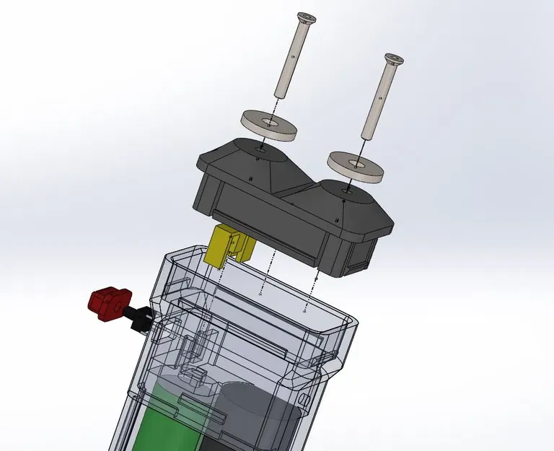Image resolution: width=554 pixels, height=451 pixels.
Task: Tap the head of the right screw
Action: [394, 58]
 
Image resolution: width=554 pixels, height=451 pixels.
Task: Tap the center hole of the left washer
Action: [270, 122]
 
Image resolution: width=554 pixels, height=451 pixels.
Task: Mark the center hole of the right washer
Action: [356, 162]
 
